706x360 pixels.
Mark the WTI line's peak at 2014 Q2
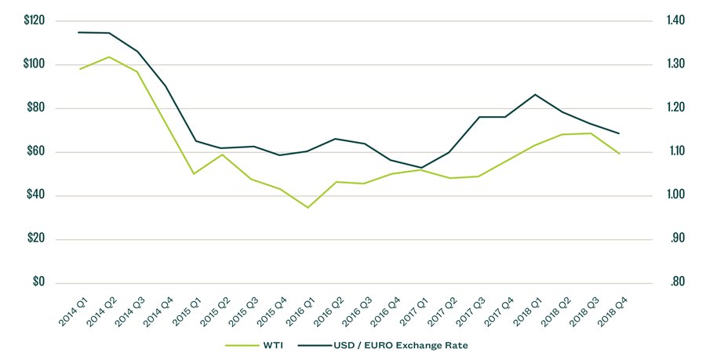109,56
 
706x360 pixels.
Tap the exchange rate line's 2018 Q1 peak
535,94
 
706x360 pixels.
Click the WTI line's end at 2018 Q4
620,154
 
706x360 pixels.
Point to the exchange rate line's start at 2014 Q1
78,32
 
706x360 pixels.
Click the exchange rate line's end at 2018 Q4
620,133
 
